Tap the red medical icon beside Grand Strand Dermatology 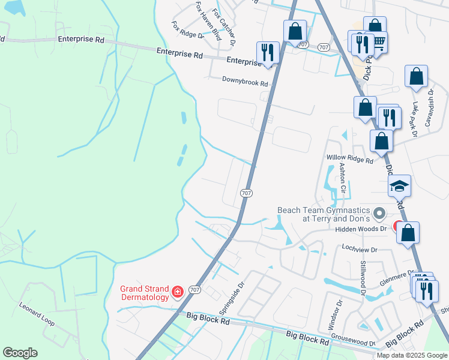178,292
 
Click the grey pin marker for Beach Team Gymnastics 379,214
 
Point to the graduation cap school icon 399,187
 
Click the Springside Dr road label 231,298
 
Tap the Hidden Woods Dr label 361,229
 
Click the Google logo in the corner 20,353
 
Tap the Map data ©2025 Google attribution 412,355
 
